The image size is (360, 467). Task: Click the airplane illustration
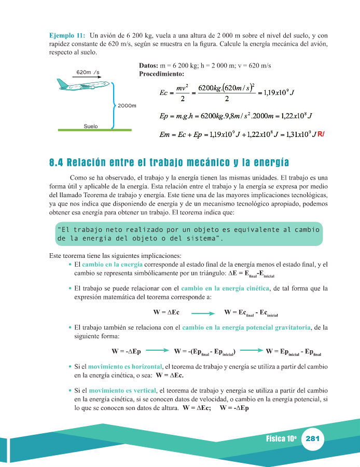point(83,85)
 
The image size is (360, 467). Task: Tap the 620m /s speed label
point(88,72)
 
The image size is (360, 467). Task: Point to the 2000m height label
point(127,106)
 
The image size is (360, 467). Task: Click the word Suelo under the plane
point(91,126)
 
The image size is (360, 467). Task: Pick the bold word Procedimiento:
point(162,74)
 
